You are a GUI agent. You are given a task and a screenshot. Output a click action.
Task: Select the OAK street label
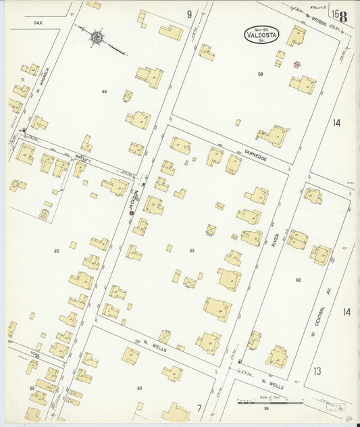[x=37, y=22]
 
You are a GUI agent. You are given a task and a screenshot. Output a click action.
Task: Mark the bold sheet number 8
[x=343, y=16]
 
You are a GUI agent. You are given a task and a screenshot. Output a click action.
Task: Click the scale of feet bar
[x=269, y=403]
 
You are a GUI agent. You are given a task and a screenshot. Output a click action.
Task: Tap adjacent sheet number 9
[x=190, y=14]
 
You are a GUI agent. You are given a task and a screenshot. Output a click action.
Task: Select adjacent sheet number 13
[x=317, y=371]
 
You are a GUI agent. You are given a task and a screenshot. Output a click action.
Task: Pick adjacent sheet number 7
[x=199, y=407]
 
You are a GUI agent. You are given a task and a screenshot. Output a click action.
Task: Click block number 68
[x=104, y=91]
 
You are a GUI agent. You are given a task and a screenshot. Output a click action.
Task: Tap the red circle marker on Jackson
[x=131, y=213]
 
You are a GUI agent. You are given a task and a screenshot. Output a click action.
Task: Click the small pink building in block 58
[x=296, y=65]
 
